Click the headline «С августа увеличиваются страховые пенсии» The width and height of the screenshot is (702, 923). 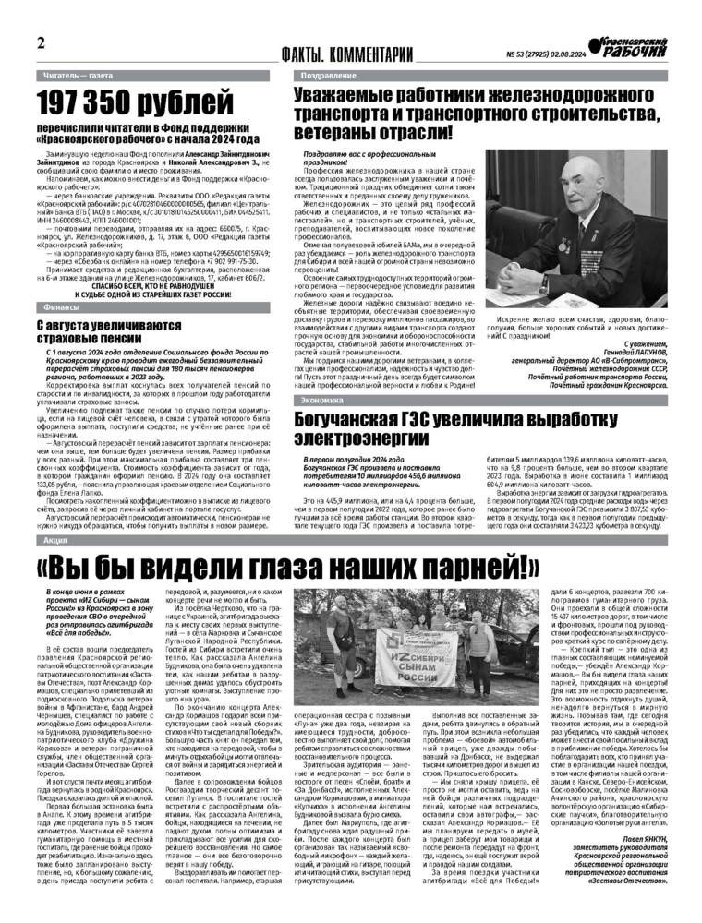click(x=109, y=331)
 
